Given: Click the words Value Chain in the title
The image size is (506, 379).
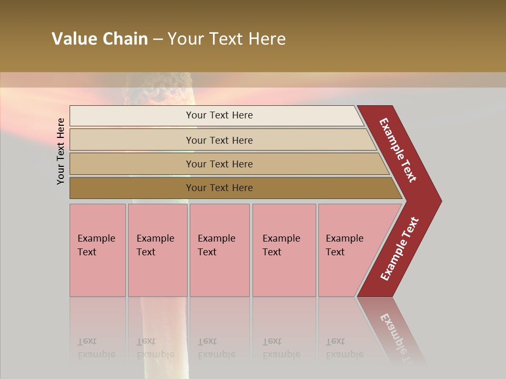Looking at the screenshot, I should tap(100, 39).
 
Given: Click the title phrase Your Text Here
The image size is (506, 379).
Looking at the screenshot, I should tap(227, 39).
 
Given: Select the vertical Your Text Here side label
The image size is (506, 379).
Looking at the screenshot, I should tap(61, 151).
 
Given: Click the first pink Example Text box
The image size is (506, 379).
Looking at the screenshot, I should tap(98, 250).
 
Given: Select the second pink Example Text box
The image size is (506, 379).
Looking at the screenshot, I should tap(157, 250).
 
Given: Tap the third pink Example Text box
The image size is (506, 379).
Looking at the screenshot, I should tap(219, 250).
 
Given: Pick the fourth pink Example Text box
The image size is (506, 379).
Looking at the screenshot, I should tap(284, 250).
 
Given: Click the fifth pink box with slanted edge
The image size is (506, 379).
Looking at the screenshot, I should tap(348, 250).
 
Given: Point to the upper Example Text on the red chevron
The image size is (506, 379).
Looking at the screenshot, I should tap(398, 150).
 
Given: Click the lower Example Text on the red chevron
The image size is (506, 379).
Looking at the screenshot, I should tap(400, 249).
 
